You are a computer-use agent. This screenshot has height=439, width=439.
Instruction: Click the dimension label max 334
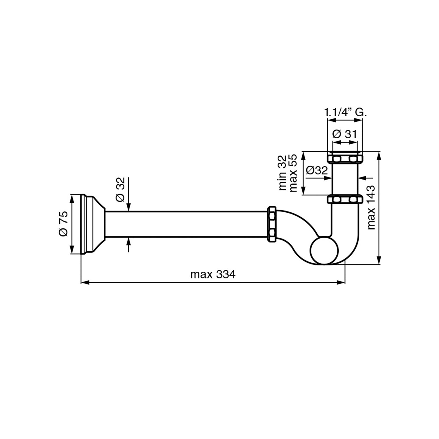click(213, 274)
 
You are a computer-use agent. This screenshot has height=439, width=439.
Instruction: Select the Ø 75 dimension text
click(63, 224)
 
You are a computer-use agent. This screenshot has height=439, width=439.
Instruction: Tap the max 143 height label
click(371, 207)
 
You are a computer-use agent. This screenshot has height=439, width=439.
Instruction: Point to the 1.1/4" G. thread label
click(345, 112)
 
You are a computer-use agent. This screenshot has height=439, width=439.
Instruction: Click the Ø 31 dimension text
click(345, 134)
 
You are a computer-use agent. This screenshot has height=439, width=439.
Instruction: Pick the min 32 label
click(282, 173)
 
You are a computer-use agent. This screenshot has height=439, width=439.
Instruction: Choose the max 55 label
click(293, 173)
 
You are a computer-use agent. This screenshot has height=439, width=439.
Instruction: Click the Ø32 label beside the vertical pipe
click(317, 170)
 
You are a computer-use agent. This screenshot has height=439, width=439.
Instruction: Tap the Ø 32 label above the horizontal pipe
click(120, 190)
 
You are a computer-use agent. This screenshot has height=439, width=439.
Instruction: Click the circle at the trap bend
click(324, 250)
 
